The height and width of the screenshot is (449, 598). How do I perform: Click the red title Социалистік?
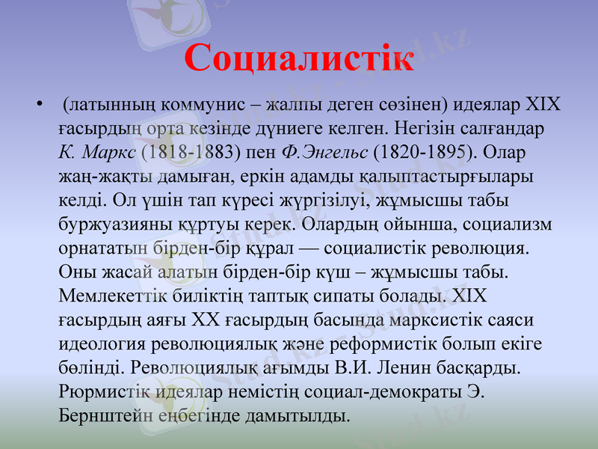click(x=298, y=58)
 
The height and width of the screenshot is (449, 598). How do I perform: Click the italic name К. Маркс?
click(x=96, y=152)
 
